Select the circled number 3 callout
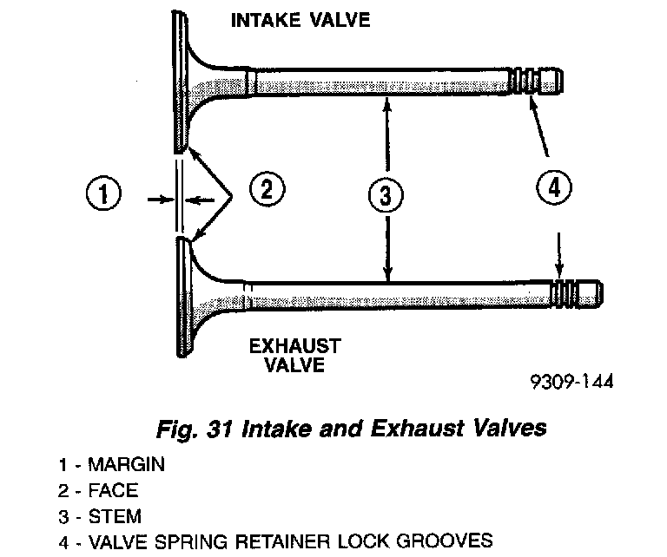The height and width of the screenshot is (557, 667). (x=385, y=196)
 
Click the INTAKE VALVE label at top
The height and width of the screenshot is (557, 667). (x=300, y=19)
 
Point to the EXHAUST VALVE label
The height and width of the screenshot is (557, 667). (x=295, y=356)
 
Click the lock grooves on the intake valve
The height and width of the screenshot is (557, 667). (x=524, y=81)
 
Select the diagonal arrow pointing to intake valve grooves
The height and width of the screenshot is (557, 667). (x=540, y=130)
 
